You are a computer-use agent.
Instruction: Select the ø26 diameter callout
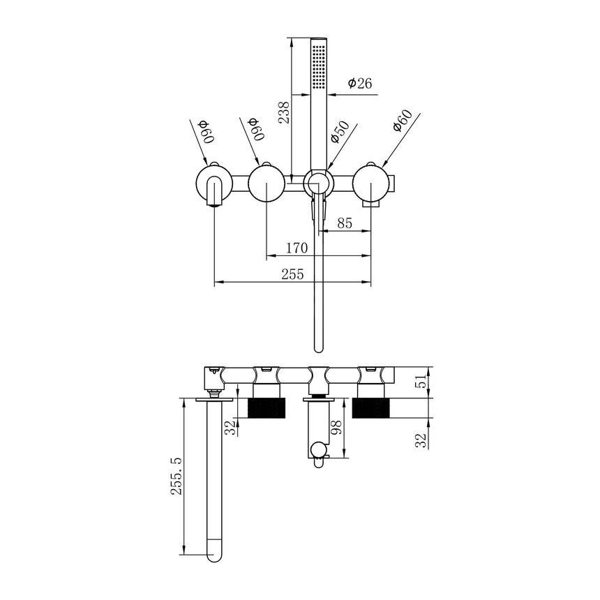tap(360, 83)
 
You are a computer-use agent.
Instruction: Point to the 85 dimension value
tap(343, 224)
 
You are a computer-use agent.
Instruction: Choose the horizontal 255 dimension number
tap(292, 274)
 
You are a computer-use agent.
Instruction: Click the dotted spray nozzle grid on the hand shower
tap(320, 67)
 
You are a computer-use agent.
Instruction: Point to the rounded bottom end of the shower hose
tap(319, 347)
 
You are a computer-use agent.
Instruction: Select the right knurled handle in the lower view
tap(375, 408)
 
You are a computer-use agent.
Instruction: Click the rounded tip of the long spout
tap(213, 556)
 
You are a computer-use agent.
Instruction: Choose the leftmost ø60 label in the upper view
tap(206, 130)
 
